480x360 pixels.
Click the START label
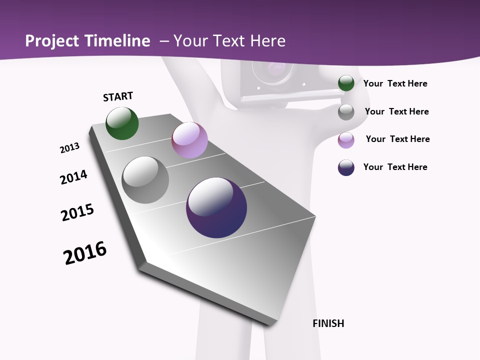click(x=118, y=96)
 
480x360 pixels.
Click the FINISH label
click(x=328, y=323)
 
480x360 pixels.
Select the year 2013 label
click(x=69, y=148)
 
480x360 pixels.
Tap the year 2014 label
click(x=73, y=177)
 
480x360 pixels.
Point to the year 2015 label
click(x=77, y=212)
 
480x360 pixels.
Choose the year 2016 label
click(x=85, y=253)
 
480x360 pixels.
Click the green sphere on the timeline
click(x=122, y=123)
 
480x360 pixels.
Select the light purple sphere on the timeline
click(x=189, y=140)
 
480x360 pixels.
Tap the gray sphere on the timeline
click(x=145, y=180)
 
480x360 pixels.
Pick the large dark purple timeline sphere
click(x=216, y=207)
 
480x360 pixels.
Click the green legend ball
click(x=346, y=83)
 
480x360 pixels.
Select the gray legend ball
click(x=346, y=111)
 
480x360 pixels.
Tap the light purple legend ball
click(x=346, y=139)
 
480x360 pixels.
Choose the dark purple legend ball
click(x=346, y=167)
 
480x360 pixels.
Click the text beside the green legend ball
click(x=395, y=83)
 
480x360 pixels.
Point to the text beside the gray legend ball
click(x=396, y=111)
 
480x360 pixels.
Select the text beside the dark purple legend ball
click(x=395, y=167)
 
